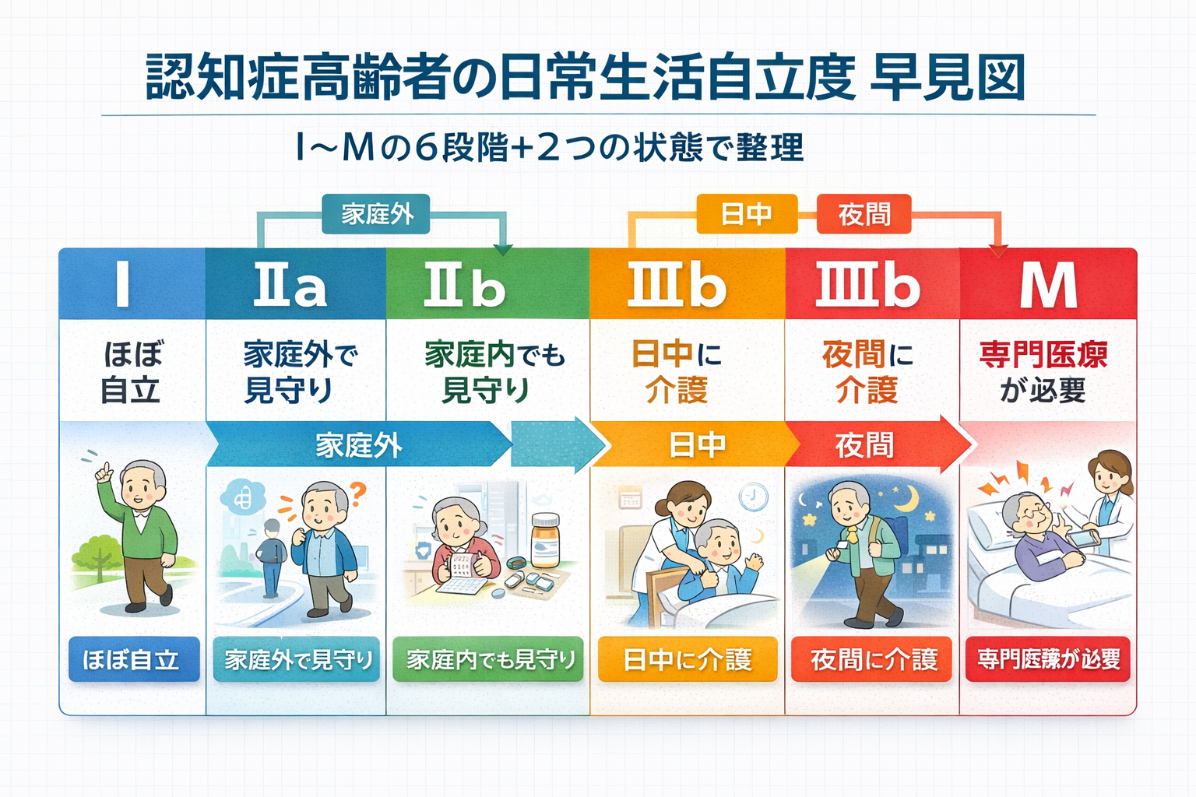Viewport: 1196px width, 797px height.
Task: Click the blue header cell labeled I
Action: (x=123, y=284)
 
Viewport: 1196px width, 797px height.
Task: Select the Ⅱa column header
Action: (x=290, y=285)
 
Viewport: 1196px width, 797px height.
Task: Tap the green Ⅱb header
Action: (x=465, y=285)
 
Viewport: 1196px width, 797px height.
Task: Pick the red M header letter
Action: (x=1049, y=285)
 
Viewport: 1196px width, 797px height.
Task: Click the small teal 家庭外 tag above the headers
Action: (x=377, y=214)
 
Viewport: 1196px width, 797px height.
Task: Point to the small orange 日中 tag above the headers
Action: (x=746, y=214)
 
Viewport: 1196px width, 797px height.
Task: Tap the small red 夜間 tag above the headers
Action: (x=864, y=214)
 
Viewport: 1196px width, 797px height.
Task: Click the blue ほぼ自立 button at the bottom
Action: (x=133, y=660)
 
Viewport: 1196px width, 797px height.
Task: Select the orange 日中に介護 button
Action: (x=688, y=660)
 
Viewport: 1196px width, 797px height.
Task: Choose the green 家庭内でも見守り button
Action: (x=489, y=660)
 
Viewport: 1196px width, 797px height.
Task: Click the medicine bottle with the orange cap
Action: (x=545, y=539)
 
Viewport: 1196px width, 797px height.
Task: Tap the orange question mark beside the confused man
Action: (x=357, y=491)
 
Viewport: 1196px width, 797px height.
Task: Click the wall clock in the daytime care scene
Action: (x=754, y=497)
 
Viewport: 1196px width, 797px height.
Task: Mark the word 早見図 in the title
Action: (x=946, y=78)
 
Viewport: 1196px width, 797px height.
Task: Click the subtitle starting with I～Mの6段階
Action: (x=550, y=147)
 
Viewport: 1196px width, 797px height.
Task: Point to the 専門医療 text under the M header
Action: (x=1043, y=355)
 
